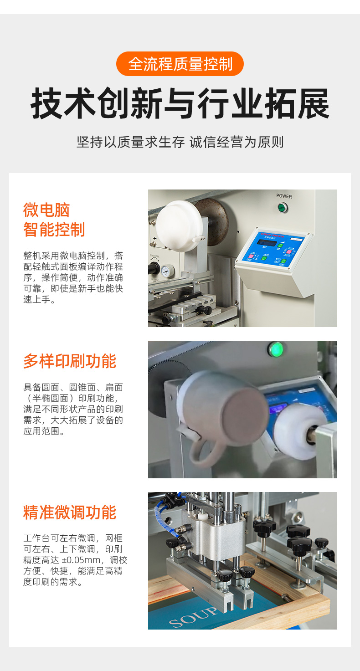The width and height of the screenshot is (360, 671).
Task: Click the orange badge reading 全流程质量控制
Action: click(180, 64)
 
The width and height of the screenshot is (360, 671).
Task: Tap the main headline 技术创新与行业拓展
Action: click(180, 103)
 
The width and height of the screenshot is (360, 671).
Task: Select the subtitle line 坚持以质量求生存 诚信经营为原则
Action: click(180, 142)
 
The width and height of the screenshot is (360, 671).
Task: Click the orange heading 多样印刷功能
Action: click(70, 361)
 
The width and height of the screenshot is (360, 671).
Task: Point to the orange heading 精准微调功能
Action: click(70, 512)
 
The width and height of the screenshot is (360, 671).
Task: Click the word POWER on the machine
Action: click(284, 196)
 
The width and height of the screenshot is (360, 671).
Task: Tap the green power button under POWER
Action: click(282, 207)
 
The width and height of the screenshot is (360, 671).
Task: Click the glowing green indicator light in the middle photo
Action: click(276, 349)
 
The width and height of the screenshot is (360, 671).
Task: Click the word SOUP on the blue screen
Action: click(193, 617)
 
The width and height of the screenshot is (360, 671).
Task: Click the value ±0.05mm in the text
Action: click(81, 560)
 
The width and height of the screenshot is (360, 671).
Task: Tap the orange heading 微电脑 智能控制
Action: click(54, 220)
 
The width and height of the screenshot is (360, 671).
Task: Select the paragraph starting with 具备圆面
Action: click(73, 409)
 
